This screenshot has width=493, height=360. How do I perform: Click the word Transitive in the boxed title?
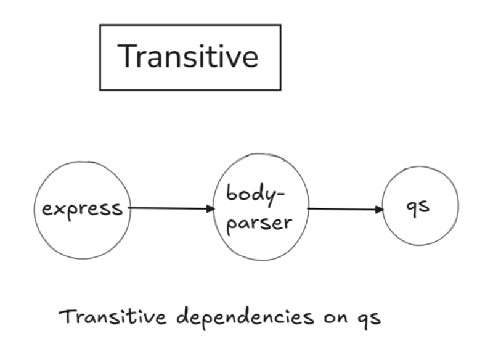click(189, 57)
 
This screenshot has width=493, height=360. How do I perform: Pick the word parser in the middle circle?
click(259, 223)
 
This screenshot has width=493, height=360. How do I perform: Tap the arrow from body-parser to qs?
click(345, 209)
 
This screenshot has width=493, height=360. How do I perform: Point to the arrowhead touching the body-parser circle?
click(210, 208)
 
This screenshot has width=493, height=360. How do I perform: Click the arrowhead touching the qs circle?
click(378, 210)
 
